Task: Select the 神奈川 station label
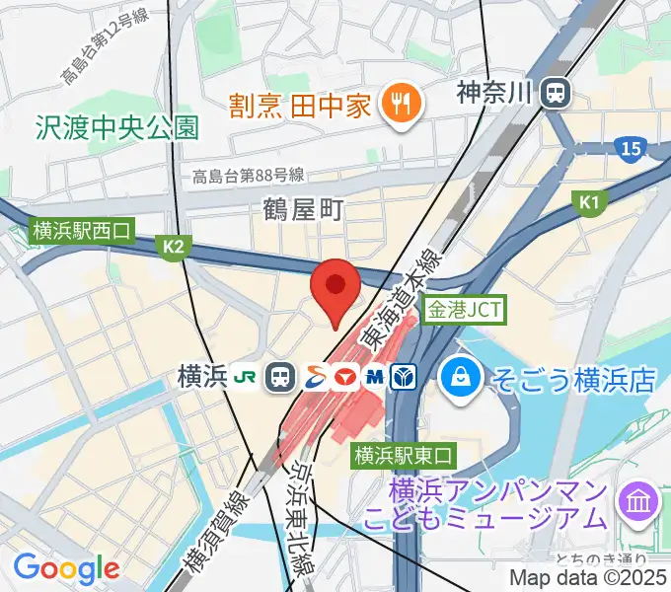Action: pos(494,94)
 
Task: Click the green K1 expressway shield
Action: pos(590,203)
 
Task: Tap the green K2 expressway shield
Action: pos(175,247)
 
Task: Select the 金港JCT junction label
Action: pos(464,310)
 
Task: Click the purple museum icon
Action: pos(638,503)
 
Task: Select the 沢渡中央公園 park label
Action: pos(116,127)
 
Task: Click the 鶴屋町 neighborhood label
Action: pos(303,208)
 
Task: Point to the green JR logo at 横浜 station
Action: pos(246,376)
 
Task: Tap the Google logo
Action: pos(65,567)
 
